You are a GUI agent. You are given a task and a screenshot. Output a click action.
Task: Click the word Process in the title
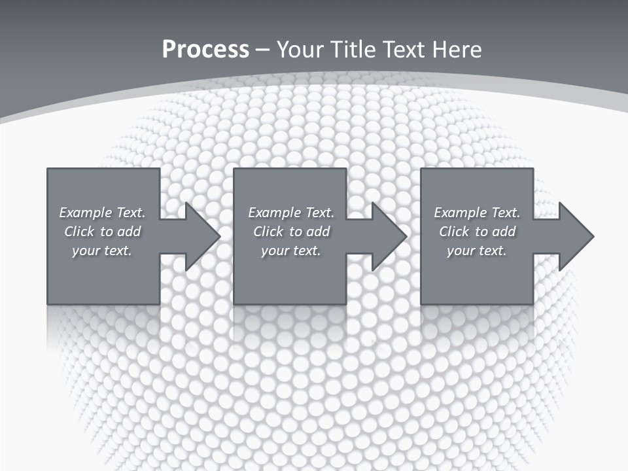pos(205,50)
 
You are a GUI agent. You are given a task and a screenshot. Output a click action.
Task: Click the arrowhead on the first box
pos(200,236)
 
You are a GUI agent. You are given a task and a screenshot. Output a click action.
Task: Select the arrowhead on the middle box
pos(387,236)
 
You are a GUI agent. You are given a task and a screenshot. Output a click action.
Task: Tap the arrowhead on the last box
pos(574,236)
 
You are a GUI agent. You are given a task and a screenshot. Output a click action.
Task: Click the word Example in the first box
pos(86,213)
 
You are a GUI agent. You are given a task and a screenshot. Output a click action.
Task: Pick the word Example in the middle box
pos(275,213)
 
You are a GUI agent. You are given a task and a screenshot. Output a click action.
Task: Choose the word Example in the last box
pos(461,213)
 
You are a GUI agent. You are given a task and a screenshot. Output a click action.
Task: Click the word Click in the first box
pos(79,232)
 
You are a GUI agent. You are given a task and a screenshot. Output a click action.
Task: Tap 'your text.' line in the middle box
pos(290,251)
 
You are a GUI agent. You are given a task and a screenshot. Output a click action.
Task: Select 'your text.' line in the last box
pos(476,251)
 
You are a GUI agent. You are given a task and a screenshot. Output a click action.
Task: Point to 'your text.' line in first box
pos(102,251)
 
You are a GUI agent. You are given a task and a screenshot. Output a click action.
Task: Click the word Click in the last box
pos(454,232)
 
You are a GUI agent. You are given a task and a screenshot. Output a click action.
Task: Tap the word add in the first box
pos(129,232)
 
